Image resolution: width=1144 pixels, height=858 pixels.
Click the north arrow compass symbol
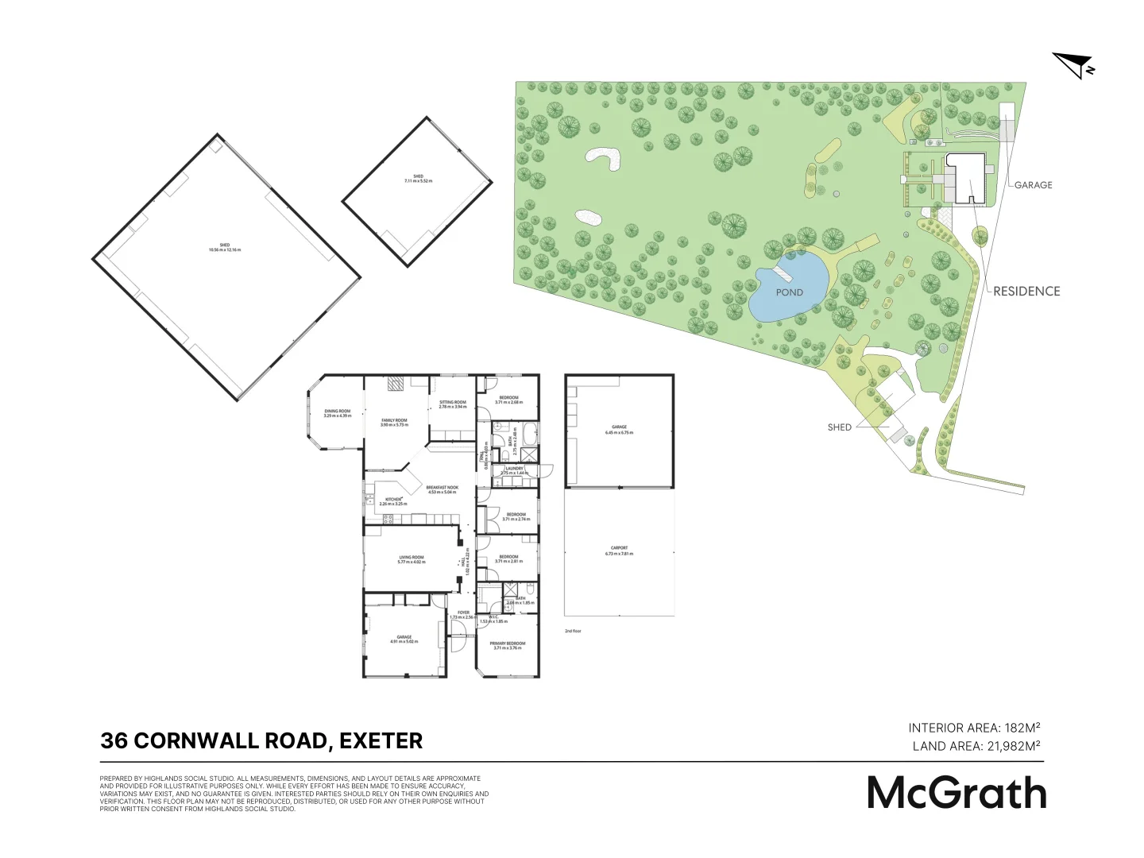coord(1073,64)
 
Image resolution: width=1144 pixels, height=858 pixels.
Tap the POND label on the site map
coord(789,292)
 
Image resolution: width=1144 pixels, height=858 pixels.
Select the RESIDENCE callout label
coord(1026,292)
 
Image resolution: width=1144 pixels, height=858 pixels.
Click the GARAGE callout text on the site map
coord(1033,185)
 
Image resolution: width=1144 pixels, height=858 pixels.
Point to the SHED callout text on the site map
coord(839,427)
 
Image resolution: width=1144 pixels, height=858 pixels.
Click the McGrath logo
coord(957,793)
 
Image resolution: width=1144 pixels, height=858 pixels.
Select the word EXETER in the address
coord(381,741)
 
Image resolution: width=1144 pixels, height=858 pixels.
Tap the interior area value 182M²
coord(1022,728)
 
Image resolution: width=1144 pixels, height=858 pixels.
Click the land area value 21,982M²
coord(1014,746)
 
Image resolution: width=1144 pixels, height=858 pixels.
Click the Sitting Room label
coord(453,404)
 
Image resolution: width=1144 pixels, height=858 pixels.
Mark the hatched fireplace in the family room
coord(396,385)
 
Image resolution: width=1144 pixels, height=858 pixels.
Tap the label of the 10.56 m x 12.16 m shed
coord(225,247)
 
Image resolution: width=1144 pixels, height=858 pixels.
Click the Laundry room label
coord(514,470)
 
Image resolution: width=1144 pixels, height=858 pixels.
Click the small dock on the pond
coord(783,274)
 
